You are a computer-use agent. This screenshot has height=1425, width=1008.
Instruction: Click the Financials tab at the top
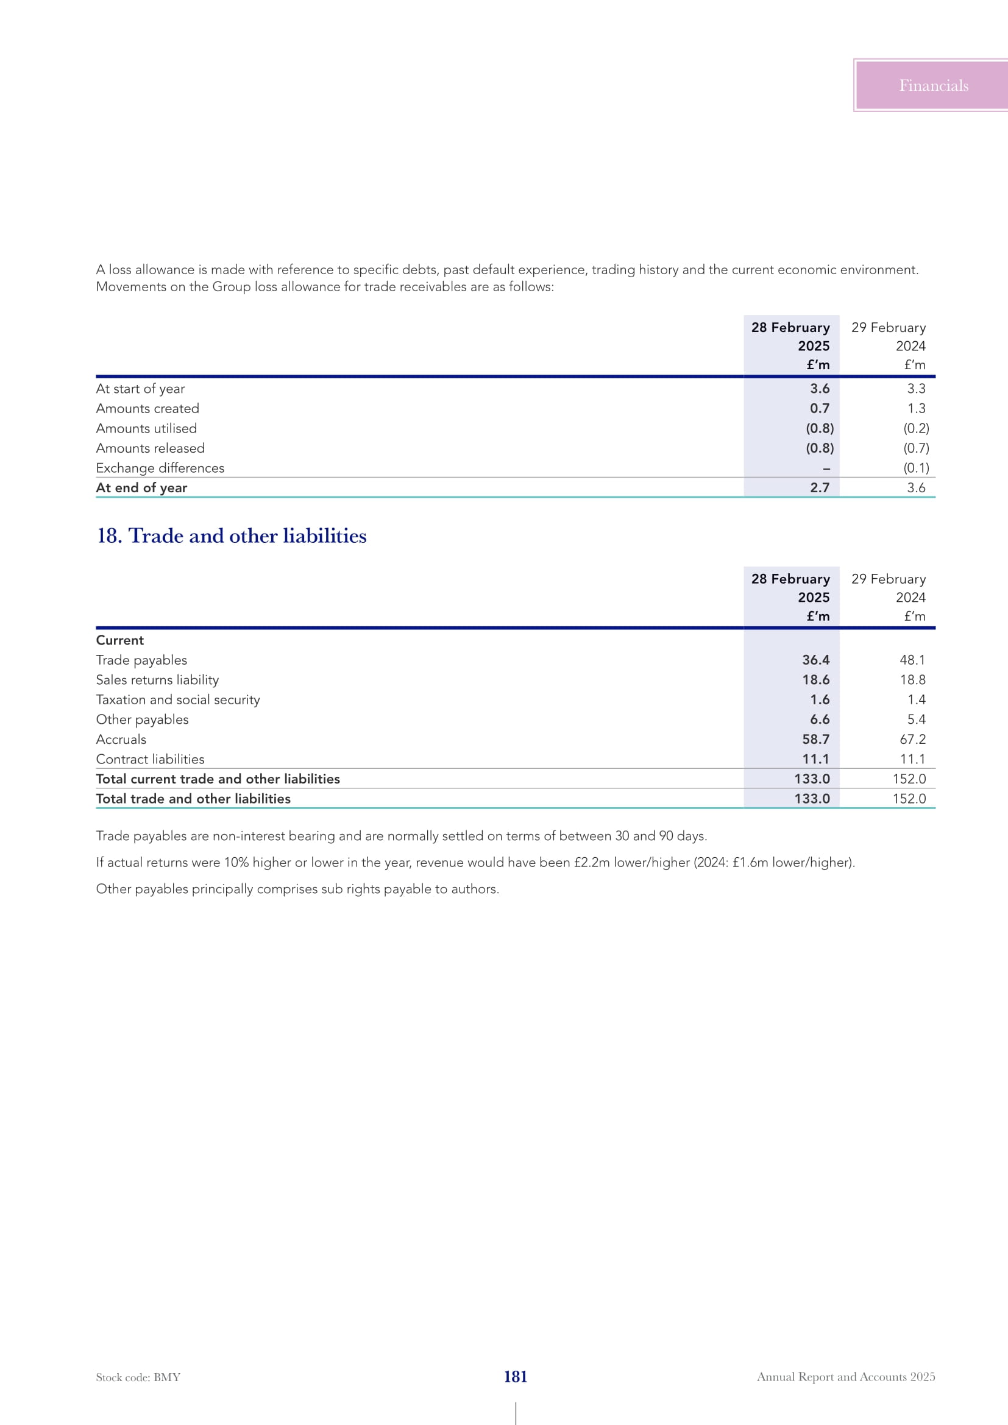933,86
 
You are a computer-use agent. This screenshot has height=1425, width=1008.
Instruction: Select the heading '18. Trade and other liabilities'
232,536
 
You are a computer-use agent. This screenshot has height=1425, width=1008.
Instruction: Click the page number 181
515,1377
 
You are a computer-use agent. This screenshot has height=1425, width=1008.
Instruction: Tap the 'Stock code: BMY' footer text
138,1377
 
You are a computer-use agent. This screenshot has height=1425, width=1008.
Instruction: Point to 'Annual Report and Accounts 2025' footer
845,1377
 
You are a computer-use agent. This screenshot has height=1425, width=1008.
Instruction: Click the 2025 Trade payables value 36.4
815,660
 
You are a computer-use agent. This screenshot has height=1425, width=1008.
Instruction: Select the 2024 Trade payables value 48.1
912,660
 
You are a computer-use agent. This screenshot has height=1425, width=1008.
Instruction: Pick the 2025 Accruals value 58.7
815,739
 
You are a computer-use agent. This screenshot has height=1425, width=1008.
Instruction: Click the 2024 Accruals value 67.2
912,739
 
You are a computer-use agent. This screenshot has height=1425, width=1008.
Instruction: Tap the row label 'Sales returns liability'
157,680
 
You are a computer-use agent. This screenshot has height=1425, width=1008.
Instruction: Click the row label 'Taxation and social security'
177,699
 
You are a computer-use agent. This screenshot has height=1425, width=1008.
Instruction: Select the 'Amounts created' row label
147,408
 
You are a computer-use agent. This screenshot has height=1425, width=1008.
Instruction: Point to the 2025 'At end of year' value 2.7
819,488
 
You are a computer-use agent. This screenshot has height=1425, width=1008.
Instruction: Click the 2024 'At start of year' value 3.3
916,389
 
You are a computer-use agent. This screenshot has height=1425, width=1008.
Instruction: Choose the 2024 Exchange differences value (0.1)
916,468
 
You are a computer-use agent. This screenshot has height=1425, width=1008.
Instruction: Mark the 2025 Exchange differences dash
826,469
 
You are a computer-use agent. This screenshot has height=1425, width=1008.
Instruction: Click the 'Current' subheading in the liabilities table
120,640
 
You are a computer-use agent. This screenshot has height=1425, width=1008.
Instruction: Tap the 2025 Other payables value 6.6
819,720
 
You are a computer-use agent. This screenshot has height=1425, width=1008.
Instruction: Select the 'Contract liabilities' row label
150,759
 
